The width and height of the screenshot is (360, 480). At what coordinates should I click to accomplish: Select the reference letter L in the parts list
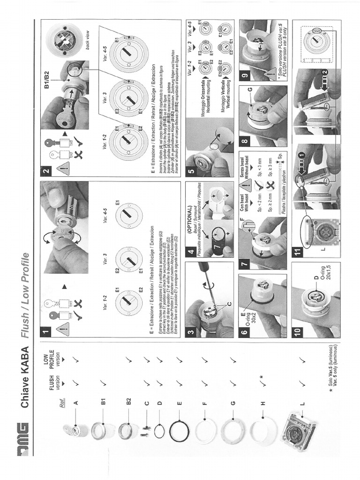[x=302, y=403]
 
